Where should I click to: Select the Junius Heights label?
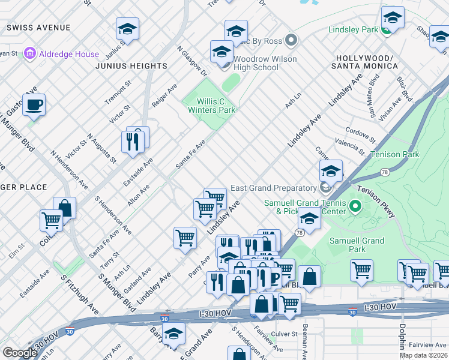click(x=130, y=66)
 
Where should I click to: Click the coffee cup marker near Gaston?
click(x=34, y=105)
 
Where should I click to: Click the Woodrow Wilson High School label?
click(x=256, y=63)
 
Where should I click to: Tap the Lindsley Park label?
click(x=353, y=29)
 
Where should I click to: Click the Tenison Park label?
click(x=394, y=154)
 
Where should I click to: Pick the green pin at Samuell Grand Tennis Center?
click(x=355, y=208)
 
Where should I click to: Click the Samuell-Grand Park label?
click(x=357, y=244)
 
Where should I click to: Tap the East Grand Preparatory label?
click(x=274, y=188)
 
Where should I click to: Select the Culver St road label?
click(x=284, y=334)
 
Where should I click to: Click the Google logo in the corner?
click(x=20, y=353)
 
